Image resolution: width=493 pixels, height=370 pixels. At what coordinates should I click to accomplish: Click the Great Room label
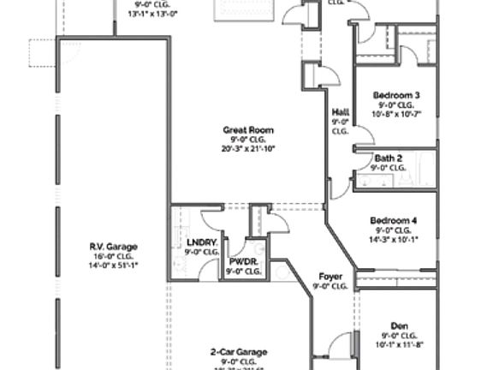[x=248, y=130]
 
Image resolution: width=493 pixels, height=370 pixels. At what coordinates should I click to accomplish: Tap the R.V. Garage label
[x=113, y=247]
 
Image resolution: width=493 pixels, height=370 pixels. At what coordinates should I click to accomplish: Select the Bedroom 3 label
[x=396, y=95]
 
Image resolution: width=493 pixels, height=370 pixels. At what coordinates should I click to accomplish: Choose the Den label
[x=399, y=325]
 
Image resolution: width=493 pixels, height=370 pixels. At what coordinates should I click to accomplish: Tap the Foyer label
[x=330, y=276]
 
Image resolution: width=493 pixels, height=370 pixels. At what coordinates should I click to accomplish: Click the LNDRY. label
[x=202, y=242]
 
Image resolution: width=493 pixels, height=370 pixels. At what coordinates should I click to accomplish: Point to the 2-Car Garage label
[x=239, y=351]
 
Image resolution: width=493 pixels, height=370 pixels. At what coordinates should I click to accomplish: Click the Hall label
[x=340, y=112]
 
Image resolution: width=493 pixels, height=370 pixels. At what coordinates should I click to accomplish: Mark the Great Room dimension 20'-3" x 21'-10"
[x=248, y=148]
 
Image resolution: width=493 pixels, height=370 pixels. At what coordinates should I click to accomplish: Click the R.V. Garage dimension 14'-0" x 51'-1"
[x=113, y=266]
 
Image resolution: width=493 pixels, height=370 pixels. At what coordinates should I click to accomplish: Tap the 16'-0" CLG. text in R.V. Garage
[x=113, y=256]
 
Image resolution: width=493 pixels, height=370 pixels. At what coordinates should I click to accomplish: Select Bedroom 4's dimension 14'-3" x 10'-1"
[x=395, y=239]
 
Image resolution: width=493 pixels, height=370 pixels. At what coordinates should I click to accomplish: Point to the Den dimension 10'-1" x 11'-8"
[x=399, y=344]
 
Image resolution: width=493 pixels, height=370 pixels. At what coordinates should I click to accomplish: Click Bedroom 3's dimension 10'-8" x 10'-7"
[x=396, y=114]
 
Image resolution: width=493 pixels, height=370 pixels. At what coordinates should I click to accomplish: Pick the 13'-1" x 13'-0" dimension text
[x=153, y=14]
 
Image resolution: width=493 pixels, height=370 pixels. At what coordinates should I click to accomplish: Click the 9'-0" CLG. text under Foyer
[x=330, y=286]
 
